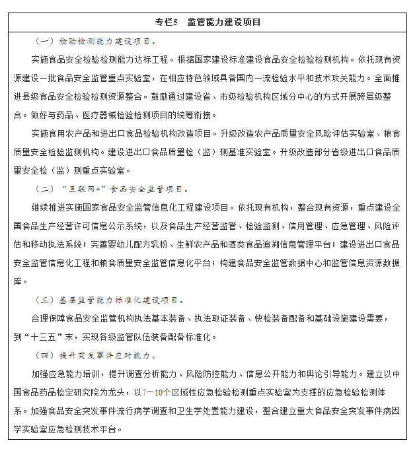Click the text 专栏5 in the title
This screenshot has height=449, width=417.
click(167, 22)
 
